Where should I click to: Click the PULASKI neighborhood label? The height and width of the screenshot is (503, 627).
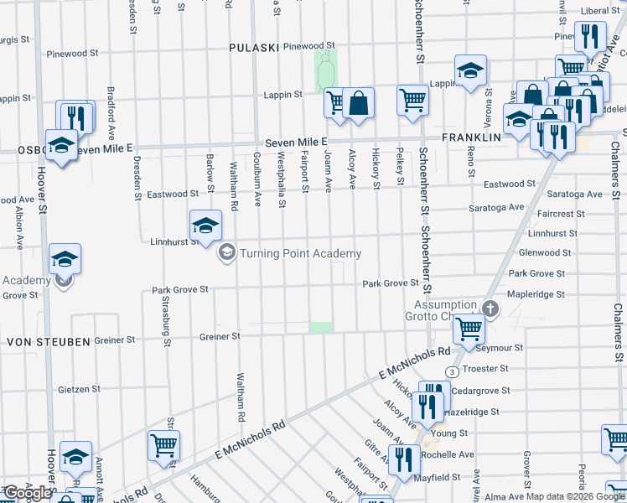tap(253, 48)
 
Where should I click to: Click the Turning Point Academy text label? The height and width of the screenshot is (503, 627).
tap(300, 253)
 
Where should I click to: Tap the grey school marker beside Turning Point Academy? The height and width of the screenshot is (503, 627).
tap(226, 252)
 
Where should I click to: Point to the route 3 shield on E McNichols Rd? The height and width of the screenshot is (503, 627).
tap(452, 371)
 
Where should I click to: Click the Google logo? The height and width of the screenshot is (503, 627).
tap(27, 493)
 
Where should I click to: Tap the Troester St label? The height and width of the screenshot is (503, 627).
tap(485, 368)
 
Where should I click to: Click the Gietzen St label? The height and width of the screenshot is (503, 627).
tap(80, 389)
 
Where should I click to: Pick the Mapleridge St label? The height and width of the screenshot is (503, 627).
tap(536, 294)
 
